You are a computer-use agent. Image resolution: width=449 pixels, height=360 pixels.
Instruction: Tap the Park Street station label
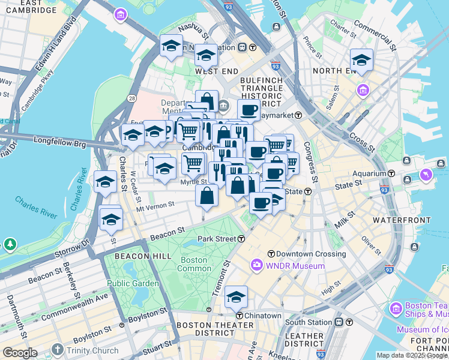[217, 239]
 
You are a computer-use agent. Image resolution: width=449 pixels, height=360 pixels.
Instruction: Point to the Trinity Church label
[92, 350]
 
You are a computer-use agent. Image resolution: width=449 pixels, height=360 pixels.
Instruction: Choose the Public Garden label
[133, 283]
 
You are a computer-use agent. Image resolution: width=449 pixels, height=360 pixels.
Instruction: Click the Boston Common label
[193, 265]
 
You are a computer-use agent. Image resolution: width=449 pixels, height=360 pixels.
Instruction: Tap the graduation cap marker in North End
[361, 61]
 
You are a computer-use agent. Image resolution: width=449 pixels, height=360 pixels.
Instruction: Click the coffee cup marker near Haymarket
[248, 110]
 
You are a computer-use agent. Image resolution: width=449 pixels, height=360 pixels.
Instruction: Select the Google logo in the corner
[20, 353]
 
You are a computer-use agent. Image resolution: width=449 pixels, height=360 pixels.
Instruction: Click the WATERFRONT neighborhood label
[399, 220]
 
